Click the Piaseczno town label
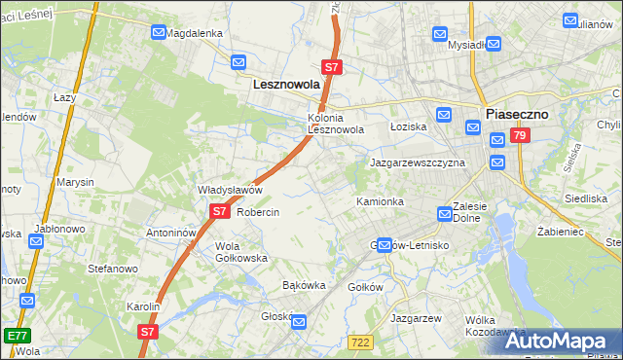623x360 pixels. [x=517, y=113]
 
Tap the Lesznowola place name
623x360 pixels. [x=286, y=85]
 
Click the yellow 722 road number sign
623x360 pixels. [x=360, y=340]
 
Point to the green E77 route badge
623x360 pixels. [x=16, y=335]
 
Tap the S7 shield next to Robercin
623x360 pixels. [x=219, y=211]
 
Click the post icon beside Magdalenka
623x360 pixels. [x=159, y=32]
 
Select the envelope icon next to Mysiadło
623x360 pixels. [x=494, y=44]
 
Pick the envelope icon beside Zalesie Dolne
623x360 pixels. [x=445, y=212]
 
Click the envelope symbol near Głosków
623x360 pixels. [x=300, y=322]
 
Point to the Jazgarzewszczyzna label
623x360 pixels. [x=417, y=162]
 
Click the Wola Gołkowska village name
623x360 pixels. [x=240, y=252]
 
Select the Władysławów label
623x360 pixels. [x=231, y=190]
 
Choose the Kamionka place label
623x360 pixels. [x=380, y=201]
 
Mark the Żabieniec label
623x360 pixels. [x=560, y=233]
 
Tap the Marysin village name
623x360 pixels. [x=75, y=182]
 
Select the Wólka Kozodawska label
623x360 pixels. [x=495, y=326]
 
